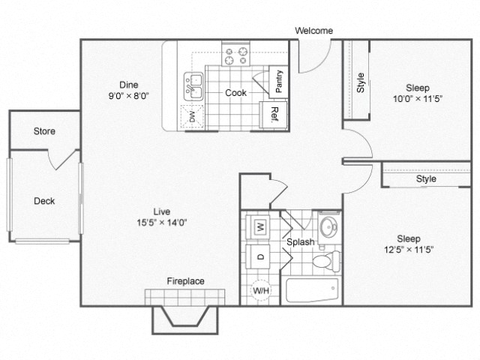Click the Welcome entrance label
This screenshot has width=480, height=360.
pyautogui.click(x=313, y=31)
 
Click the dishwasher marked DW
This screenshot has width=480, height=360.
pyautogui.click(x=193, y=116)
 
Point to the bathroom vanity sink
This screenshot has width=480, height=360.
pyautogui.click(x=328, y=226)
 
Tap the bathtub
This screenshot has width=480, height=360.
pyautogui.click(x=310, y=290)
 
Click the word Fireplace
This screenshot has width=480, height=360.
pyautogui.click(x=185, y=281)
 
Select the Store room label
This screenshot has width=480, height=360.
pyautogui.click(x=44, y=131)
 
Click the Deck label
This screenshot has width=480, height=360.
pyautogui.click(x=44, y=201)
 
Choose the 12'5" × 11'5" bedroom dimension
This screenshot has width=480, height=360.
pyautogui.click(x=408, y=250)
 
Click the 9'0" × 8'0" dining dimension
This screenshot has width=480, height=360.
pyautogui.click(x=133, y=95)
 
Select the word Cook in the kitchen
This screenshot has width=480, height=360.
pyautogui.click(x=236, y=93)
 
